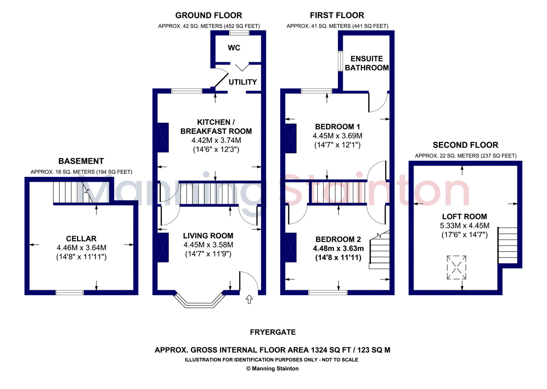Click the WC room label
(234, 48)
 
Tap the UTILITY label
(243, 82)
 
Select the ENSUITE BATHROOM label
(366, 63)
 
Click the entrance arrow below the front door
(249, 299)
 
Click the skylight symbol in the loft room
(456, 267)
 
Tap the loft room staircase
(507, 245)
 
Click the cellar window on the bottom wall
(69, 292)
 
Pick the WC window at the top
(239, 33)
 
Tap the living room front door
(248, 281)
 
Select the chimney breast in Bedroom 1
(291, 138)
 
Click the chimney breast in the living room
(163, 247)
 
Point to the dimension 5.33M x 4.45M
(464, 226)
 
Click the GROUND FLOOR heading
(209, 16)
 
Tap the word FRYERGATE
(273, 332)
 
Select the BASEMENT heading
(81, 161)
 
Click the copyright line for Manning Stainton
(272, 369)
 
